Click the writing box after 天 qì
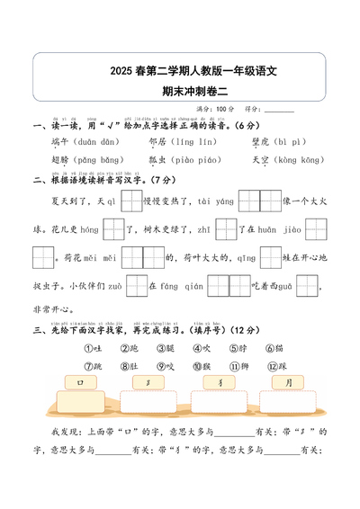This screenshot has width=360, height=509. (130, 201)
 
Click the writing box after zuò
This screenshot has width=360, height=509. (136, 287)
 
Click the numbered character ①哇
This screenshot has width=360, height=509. (93, 348)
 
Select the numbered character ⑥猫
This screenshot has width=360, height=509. (274, 348)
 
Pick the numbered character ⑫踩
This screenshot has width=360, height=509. (274, 366)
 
